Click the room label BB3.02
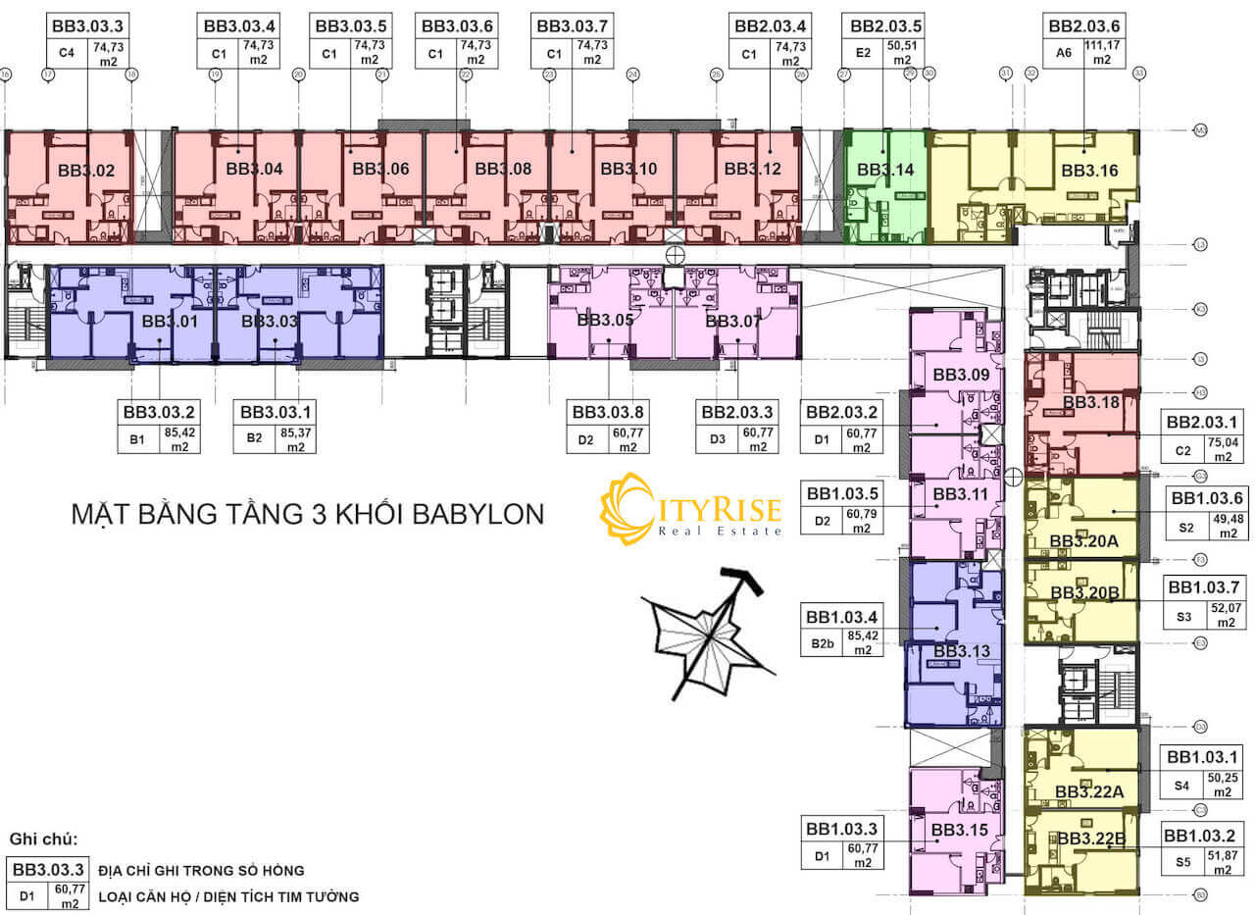coord(86,171)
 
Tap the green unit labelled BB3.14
coord(885,170)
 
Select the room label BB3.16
coord(1089,171)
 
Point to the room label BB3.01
coord(170,321)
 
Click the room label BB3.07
coord(732,321)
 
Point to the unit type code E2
coord(863,52)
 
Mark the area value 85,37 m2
coord(296,438)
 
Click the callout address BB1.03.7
coord(1204,587)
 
